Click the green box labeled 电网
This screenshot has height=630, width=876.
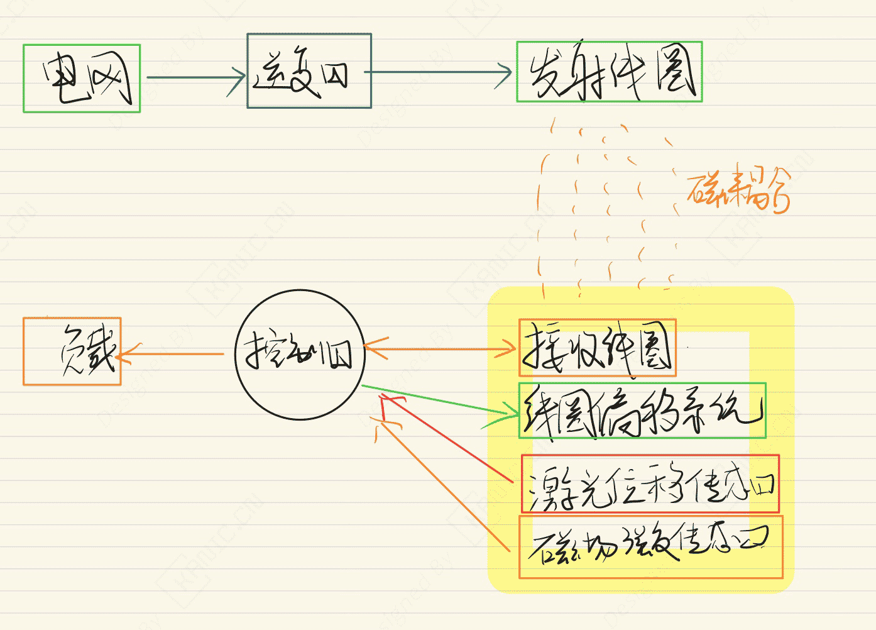click(x=82, y=79)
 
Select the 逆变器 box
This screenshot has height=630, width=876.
click(x=309, y=71)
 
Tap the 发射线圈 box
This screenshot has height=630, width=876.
click(x=609, y=72)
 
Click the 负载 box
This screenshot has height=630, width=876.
click(x=72, y=351)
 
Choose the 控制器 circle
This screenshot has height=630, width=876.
click(x=300, y=355)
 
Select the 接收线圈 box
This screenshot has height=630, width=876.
click(x=597, y=348)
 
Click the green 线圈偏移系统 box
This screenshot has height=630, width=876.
click(x=642, y=410)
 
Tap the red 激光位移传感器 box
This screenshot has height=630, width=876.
click(x=650, y=484)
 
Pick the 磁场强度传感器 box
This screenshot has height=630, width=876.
click(x=650, y=546)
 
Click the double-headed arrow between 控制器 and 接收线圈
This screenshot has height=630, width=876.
click(x=440, y=348)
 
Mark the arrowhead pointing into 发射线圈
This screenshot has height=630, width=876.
click(x=506, y=74)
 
